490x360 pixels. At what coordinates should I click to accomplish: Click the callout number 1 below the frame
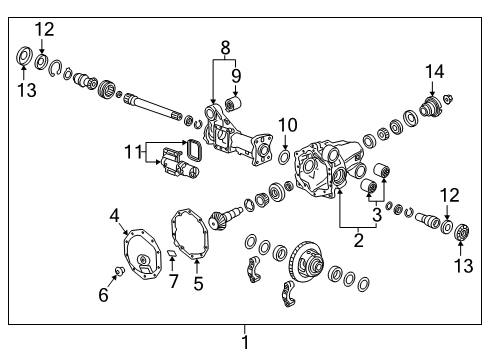(244, 342)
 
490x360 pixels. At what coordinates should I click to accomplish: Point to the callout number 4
(115, 215)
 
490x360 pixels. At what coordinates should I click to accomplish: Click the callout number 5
(196, 284)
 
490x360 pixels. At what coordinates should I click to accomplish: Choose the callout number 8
(225, 46)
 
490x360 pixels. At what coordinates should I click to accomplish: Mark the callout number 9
(237, 74)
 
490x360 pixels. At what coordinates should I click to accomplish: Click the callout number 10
(287, 124)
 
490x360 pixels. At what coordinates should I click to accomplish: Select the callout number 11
(128, 152)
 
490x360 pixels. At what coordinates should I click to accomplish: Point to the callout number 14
(434, 70)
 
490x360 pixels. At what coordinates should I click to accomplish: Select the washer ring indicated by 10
(286, 157)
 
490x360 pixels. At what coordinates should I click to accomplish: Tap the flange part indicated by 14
(433, 107)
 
